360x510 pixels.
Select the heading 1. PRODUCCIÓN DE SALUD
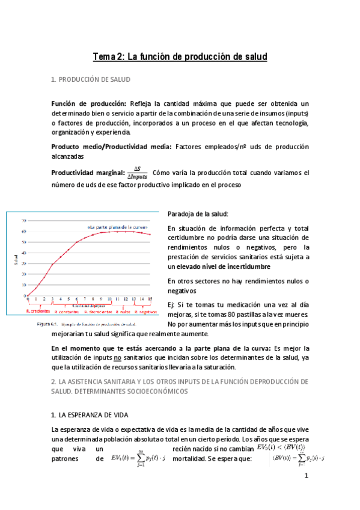click(90, 79)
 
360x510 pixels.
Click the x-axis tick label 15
click(150, 299)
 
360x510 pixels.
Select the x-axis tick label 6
click(76, 299)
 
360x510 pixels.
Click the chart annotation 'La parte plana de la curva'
click(118, 227)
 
